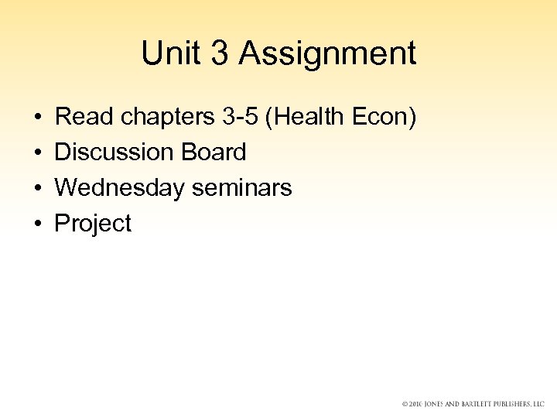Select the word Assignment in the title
point(327,53)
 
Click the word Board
point(214,152)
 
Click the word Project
point(93,224)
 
